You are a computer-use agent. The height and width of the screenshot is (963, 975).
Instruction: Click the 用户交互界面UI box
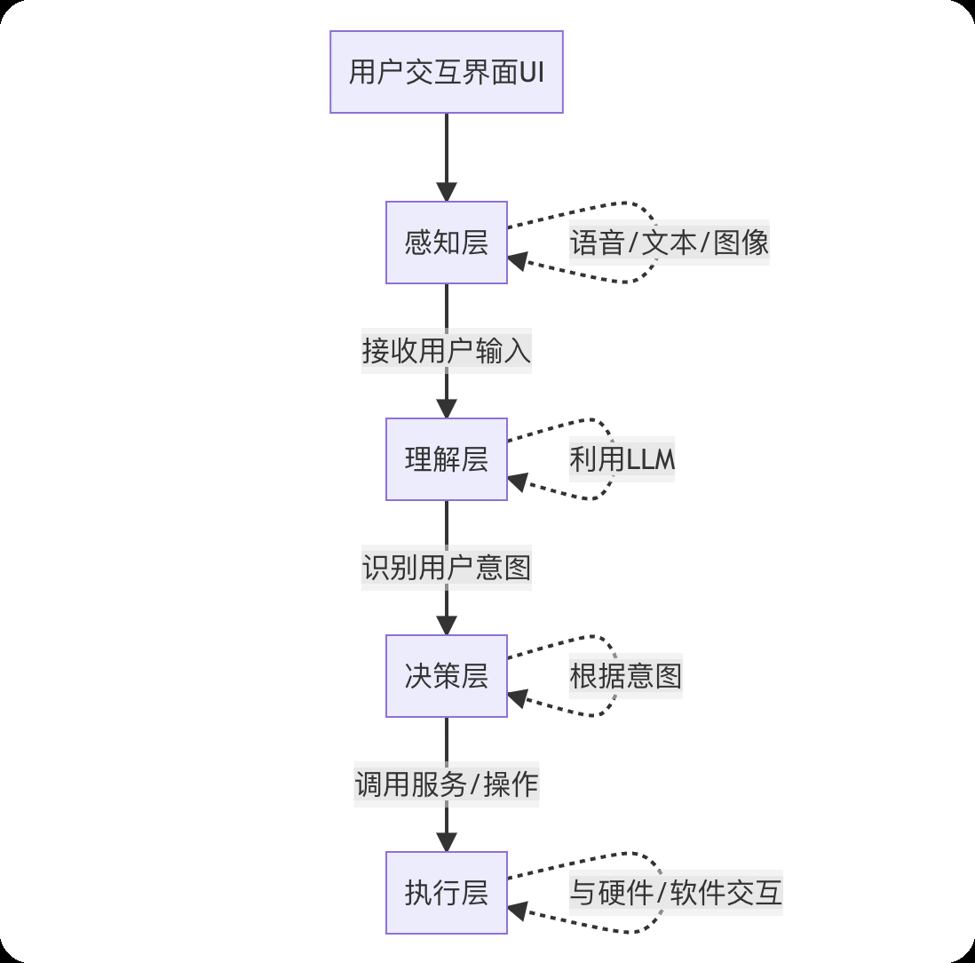[x=446, y=72]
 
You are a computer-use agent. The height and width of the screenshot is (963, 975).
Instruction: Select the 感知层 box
[x=446, y=243]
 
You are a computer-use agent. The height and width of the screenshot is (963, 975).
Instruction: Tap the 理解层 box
[x=446, y=459]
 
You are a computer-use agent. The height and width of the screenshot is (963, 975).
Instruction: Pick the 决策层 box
[x=446, y=676]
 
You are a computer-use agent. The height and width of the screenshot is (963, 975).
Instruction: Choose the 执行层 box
[x=446, y=893]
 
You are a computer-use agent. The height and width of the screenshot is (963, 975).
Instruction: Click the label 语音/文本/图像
[x=669, y=243]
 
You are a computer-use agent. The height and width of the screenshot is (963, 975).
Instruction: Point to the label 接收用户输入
[x=446, y=351]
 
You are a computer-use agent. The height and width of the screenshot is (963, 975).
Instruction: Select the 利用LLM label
[x=622, y=459]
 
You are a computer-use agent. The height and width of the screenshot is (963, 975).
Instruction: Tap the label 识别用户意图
[x=446, y=568]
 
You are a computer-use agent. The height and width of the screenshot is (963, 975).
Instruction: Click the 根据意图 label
[x=625, y=676]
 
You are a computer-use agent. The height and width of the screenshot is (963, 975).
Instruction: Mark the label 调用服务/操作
[x=446, y=784]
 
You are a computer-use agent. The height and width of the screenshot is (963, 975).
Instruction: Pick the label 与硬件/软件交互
[x=675, y=893]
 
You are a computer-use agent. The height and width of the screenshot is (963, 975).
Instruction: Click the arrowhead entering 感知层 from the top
[x=446, y=192]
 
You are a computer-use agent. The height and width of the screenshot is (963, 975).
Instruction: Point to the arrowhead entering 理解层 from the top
[x=446, y=409]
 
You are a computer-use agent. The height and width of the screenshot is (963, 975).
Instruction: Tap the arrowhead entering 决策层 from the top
[x=446, y=625]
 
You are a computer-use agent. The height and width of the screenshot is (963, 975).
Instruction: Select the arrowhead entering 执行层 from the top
[x=446, y=842]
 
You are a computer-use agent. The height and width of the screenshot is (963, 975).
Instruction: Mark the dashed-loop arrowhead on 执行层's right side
[x=519, y=911]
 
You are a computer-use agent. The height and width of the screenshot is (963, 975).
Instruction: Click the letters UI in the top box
[x=531, y=72]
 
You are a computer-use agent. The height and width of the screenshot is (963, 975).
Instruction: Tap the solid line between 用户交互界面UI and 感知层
[x=446, y=147]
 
